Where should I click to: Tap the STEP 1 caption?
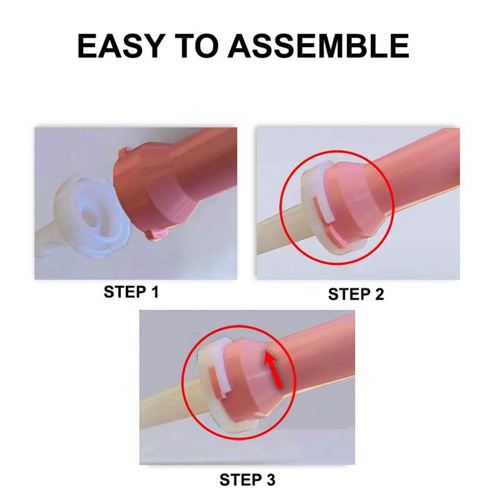(131, 292)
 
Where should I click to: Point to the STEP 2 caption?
(356, 294)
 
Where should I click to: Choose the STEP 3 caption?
(247, 479)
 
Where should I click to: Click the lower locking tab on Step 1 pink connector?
(157, 232)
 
